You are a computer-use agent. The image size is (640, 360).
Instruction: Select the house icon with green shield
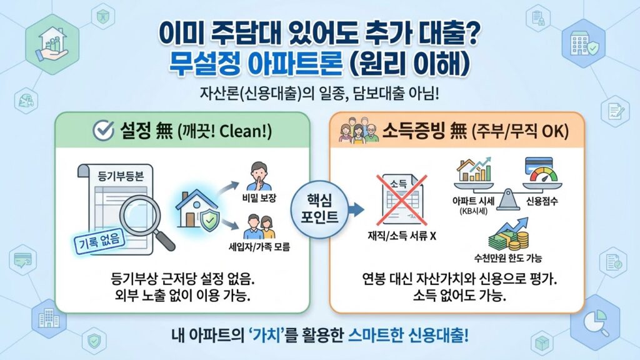point(199,209)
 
